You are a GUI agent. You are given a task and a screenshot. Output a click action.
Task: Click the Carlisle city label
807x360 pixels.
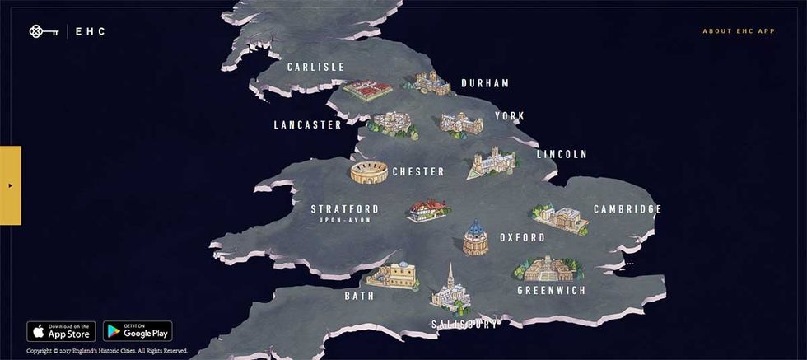pyautogui.click(x=315, y=67)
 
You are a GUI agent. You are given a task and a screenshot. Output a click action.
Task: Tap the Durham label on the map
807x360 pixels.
pyautogui.click(x=485, y=83)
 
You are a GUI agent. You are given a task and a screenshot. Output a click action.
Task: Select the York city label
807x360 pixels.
pyautogui.click(x=510, y=116)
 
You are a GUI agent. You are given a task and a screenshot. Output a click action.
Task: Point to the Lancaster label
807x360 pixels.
pyautogui.click(x=308, y=125)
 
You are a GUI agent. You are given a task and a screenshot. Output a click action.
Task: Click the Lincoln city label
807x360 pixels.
pyautogui.click(x=562, y=154)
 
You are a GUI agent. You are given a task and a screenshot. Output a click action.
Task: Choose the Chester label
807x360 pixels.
pyautogui.click(x=418, y=172)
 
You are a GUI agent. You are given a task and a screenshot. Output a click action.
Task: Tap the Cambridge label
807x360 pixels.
pyautogui.click(x=627, y=209)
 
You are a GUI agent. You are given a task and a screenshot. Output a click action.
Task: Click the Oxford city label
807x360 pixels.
pyautogui.click(x=522, y=238)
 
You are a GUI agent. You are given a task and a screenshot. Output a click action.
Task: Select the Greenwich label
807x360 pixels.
pyautogui.click(x=552, y=291)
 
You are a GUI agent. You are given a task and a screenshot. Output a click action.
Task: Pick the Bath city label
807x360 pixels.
pyautogui.click(x=359, y=296)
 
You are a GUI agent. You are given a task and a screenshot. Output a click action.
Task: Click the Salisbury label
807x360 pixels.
pyautogui.click(x=465, y=325)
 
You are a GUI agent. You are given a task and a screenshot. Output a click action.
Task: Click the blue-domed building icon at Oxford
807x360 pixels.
pyautogui.click(x=475, y=238)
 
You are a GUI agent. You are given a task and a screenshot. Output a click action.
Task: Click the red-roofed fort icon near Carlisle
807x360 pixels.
pyautogui.click(x=366, y=89)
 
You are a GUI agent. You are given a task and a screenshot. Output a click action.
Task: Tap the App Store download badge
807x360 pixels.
pyautogui.click(x=61, y=331)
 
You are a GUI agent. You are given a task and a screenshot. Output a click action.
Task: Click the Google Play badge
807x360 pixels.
pyautogui.click(x=138, y=331)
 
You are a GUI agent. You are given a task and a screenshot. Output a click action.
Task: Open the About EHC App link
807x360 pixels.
pyautogui.click(x=739, y=31)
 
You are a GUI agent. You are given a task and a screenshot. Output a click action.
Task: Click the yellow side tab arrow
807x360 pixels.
pyautogui.click(x=10, y=185)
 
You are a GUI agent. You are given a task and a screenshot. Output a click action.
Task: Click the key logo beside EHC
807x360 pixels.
pyautogui.click(x=40, y=32)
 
